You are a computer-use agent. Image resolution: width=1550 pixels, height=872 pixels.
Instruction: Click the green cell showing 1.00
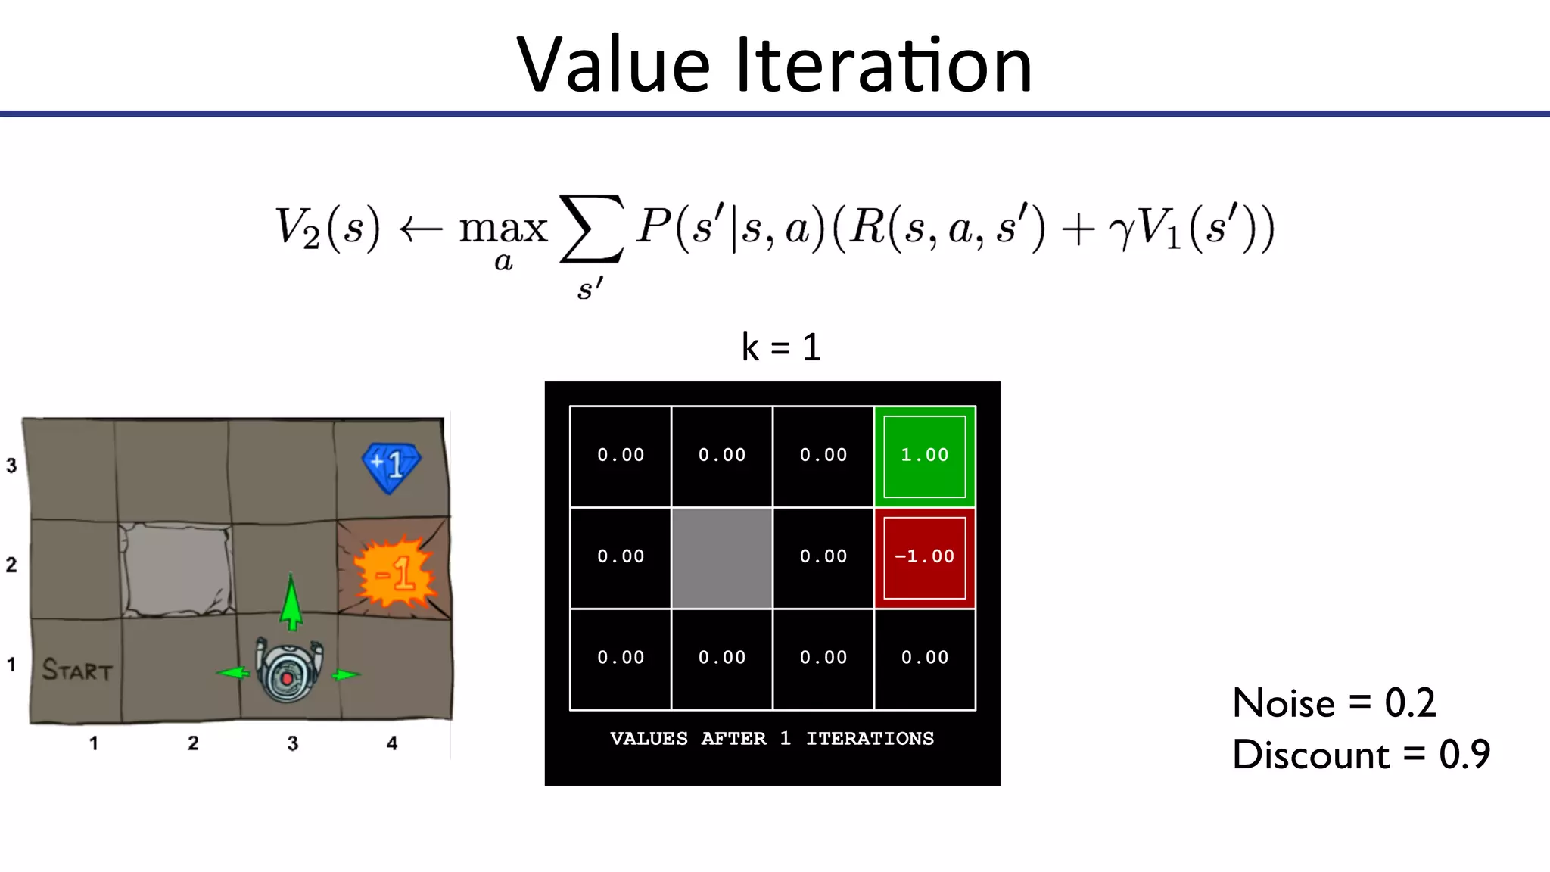[x=924, y=456]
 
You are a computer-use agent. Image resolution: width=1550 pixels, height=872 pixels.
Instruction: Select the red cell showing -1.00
[x=924, y=557]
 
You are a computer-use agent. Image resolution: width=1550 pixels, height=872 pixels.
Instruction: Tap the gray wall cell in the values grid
[x=722, y=558]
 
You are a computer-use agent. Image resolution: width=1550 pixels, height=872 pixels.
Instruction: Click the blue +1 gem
[x=391, y=466]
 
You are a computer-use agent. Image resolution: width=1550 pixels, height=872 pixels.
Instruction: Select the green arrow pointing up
[x=291, y=602]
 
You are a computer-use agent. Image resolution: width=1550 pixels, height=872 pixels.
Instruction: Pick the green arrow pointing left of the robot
[x=234, y=672]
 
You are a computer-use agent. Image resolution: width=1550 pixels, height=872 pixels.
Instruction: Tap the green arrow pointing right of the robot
[x=345, y=674]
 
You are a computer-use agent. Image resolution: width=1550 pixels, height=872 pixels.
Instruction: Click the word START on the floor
[x=76, y=671]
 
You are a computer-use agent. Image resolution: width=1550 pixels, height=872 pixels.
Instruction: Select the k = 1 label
[x=781, y=347]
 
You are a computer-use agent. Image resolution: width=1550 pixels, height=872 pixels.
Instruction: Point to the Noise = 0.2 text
[x=1334, y=703]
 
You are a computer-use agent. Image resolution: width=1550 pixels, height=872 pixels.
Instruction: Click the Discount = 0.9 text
[x=1361, y=755]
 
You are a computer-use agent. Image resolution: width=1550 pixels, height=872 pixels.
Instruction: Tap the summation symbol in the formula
[x=592, y=229]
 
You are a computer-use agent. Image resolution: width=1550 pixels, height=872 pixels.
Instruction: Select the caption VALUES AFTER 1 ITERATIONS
[x=772, y=739]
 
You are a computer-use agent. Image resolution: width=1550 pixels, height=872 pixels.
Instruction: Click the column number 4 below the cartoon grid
[x=391, y=743]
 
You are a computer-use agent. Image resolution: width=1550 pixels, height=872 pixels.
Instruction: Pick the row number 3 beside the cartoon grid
[x=11, y=466]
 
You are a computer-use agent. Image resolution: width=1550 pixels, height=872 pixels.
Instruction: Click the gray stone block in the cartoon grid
[x=176, y=569]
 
